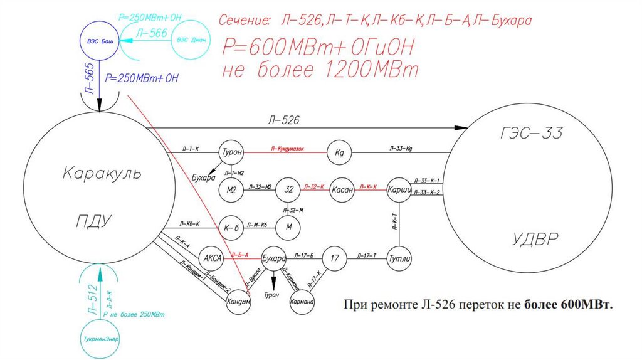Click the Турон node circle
pos(230,152)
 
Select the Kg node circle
pos(340,152)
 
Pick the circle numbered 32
pos(289,188)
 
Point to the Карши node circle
pos(399,189)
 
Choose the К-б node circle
pos(229,226)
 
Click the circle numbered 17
pos(334,257)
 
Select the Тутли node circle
pos(399,257)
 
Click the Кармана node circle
pos(302,302)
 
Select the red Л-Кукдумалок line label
pos(287,149)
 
